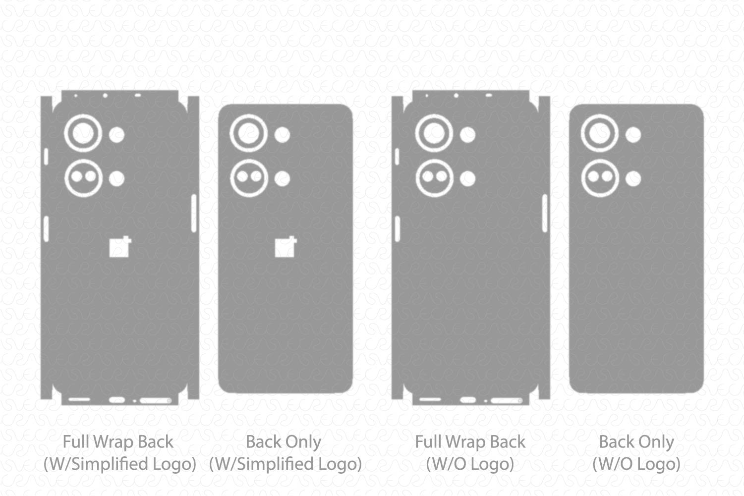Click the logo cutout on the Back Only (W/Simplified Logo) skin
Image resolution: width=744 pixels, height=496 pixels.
(x=285, y=247)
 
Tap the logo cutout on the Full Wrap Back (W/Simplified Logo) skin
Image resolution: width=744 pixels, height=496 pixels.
(x=119, y=247)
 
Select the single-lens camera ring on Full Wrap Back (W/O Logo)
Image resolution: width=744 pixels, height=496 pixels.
(x=434, y=133)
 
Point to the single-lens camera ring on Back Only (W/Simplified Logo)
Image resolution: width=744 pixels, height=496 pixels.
(x=249, y=133)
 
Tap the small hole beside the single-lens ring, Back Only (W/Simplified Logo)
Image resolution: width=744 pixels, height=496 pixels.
(x=283, y=135)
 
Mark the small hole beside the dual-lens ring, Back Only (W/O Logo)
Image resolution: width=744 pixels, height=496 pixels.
(x=633, y=178)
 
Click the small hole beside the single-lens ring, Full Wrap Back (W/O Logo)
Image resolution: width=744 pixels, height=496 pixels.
(x=467, y=135)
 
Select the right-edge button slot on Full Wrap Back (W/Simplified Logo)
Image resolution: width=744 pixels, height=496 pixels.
(x=194, y=213)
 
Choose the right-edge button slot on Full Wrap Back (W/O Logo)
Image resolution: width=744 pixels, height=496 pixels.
(x=545, y=213)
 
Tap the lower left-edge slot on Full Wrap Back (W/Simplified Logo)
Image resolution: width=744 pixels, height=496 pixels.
(x=46, y=229)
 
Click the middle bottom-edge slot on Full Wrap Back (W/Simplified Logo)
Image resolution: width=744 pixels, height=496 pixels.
(x=117, y=399)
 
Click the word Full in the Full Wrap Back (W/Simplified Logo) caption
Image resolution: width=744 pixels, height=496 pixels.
(x=76, y=442)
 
